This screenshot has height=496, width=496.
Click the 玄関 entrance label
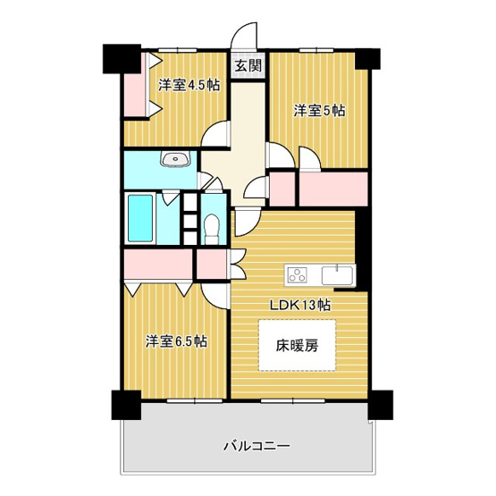pyautogui.click(x=248, y=65)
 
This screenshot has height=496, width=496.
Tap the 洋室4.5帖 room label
pyautogui.click(x=189, y=86)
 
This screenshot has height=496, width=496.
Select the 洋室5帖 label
pyautogui.click(x=319, y=111)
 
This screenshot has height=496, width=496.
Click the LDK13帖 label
pyautogui.click(x=301, y=305)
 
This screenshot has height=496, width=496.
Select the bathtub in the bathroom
pyautogui.click(x=141, y=217)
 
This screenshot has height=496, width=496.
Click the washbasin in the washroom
pyautogui.click(x=174, y=161)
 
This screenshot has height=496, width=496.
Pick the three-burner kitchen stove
pyautogui.click(x=296, y=273)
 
